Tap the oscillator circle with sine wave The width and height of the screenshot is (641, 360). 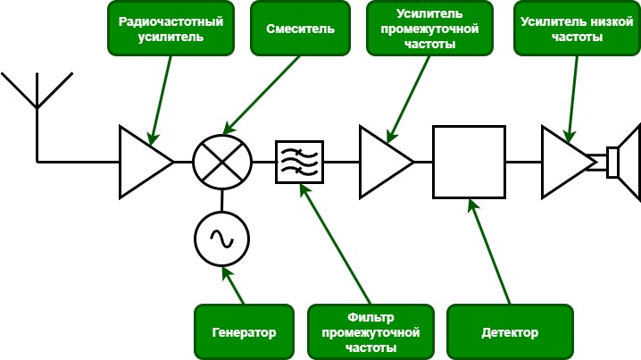[221, 239]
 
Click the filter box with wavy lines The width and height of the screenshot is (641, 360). [299, 162]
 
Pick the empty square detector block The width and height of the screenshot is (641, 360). [468, 162]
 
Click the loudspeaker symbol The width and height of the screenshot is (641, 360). [622, 162]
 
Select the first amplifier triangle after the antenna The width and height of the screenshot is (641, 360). [143, 162]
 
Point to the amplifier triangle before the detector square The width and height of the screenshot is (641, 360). [383, 162]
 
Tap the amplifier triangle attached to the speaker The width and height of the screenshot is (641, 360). [564, 162]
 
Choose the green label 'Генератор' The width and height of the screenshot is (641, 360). [244, 332]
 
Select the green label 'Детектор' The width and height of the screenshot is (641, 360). [509, 332]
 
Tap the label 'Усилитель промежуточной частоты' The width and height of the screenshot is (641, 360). [424, 29]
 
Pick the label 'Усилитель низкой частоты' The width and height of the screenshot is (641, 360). [572, 29]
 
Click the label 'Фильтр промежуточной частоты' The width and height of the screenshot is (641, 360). [370, 332]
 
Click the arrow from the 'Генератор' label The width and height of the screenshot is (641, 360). [234, 286]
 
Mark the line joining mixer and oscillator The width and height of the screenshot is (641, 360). [221, 200]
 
